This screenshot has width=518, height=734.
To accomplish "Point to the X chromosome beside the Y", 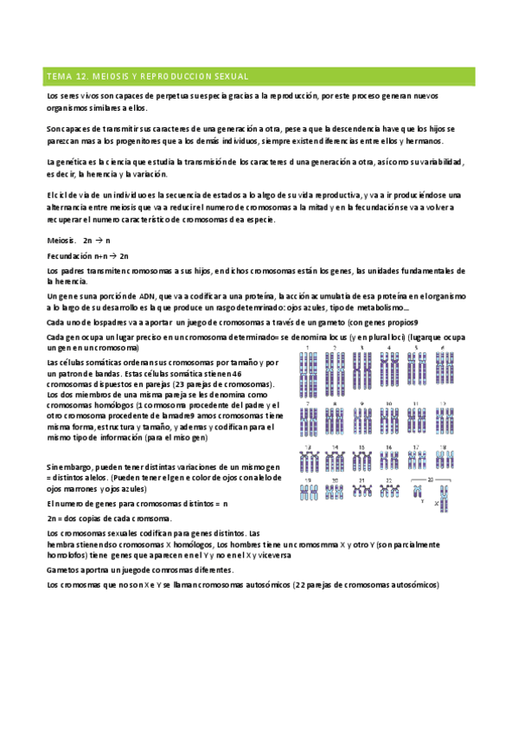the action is click(x=443, y=496).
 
